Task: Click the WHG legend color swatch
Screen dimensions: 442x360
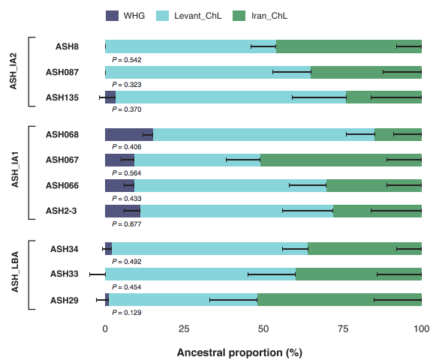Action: click(x=112, y=16)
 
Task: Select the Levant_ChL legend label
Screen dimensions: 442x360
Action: click(x=198, y=16)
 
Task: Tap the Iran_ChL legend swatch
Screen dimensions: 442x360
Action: click(x=239, y=16)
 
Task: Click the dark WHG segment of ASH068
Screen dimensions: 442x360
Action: click(x=129, y=135)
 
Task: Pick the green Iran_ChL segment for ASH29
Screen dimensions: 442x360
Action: click(x=339, y=300)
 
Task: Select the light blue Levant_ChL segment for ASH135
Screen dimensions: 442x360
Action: click(x=231, y=97)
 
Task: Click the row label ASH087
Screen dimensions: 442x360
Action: click(x=62, y=73)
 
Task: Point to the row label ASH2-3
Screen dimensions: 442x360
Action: click(x=62, y=211)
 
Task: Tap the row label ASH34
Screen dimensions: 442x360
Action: click(x=65, y=249)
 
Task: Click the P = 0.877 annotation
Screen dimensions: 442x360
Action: click(x=127, y=224)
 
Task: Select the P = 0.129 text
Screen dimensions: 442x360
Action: click(x=127, y=313)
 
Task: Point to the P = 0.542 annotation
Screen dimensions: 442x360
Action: click(x=127, y=60)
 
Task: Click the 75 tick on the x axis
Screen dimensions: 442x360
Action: click(x=342, y=329)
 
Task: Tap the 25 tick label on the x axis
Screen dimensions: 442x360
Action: click(x=184, y=329)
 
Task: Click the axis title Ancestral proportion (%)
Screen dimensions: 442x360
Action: click(x=239, y=352)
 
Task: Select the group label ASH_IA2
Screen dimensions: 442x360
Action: click(x=14, y=71)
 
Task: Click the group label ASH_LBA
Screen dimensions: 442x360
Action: click(x=15, y=271)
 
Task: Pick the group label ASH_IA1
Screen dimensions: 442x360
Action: click(x=15, y=169)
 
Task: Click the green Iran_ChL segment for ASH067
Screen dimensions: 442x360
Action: click(x=341, y=160)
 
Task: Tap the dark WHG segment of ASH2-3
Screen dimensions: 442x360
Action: click(x=122, y=211)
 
